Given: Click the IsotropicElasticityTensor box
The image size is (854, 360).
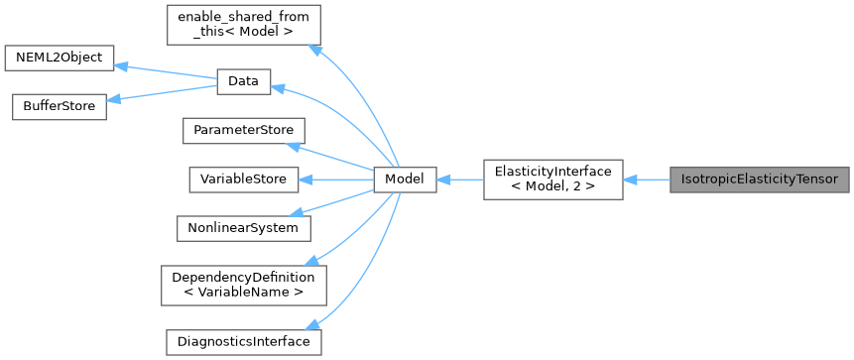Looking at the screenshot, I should (760, 180).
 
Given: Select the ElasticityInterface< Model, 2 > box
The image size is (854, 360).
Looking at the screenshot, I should (553, 180).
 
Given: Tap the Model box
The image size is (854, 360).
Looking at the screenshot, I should (405, 180).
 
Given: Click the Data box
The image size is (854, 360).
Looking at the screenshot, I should (243, 83).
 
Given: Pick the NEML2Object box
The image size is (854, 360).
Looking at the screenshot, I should (59, 58).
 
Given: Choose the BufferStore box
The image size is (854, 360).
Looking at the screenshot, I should (59, 107).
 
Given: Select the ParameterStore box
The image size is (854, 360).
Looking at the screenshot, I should (243, 131).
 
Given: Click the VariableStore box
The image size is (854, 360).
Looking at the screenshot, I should (243, 180).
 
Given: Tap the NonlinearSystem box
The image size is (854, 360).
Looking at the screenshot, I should (243, 227).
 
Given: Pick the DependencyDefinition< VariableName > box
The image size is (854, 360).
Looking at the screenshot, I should (243, 285).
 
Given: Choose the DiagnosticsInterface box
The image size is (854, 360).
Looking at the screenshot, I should (243, 341).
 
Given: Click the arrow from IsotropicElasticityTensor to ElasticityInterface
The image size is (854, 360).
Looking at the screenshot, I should (647, 180).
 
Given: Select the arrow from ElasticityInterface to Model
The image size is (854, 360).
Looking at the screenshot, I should (459, 180).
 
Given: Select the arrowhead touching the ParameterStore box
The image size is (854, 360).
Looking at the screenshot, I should (293, 146).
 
